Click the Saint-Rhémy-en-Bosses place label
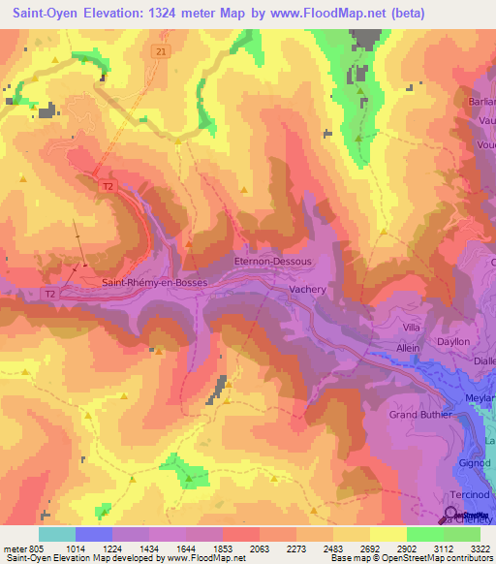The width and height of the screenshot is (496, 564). [x=154, y=282]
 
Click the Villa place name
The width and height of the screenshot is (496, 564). [x=413, y=328]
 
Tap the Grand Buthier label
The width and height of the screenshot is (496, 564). [x=421, y=416]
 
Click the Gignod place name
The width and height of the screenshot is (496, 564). [x=474, y=465]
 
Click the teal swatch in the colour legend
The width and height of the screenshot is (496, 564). [x=57, y=534]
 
